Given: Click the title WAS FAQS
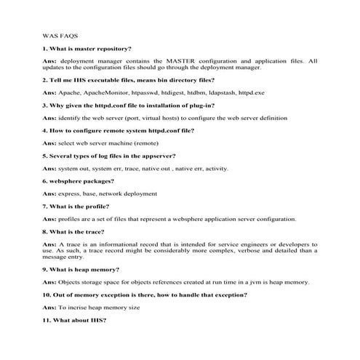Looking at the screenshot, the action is [x=60, y=33].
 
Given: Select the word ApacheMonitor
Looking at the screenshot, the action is [x=106, y=94].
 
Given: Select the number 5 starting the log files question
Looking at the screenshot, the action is [x=44, y=155].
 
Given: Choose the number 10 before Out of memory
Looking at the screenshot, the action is [x=45, y=295].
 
